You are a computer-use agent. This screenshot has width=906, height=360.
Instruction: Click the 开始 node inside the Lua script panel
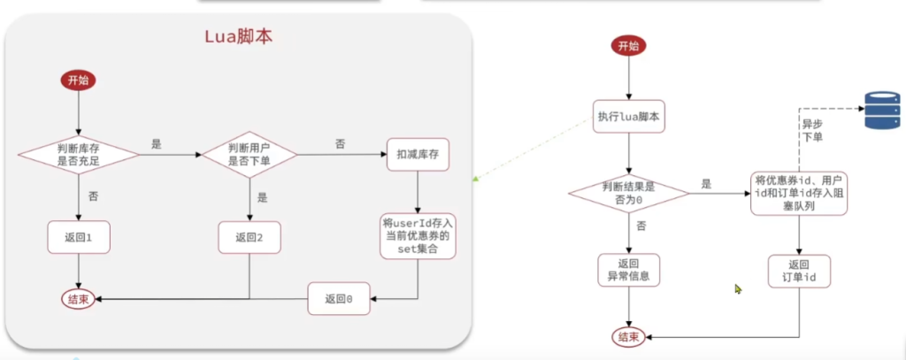coord(78,80)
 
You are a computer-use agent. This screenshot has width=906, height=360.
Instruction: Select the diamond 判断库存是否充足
coord(78,154)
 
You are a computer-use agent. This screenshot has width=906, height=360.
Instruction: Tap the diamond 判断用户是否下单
coord(249,154)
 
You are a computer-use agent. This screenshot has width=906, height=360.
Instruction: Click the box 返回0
coord(339,299)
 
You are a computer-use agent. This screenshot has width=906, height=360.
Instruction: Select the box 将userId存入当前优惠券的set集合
coord(418,235)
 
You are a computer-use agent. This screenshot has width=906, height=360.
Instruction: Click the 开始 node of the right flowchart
coord(629,46)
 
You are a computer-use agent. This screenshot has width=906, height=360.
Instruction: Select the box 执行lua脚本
coord(629,116)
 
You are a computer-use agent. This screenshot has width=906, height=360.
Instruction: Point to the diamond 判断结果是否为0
coord(629,194)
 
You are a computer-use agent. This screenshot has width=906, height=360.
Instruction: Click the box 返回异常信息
coord(629,272)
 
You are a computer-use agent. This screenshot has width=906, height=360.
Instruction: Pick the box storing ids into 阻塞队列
coord(800,194)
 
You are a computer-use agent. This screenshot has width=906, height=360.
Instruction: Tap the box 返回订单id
coord(800,272)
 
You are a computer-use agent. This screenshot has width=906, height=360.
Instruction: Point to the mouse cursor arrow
coord(738,288)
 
